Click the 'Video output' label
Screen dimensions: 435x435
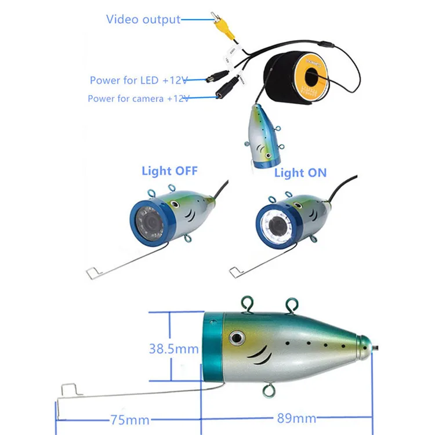143,19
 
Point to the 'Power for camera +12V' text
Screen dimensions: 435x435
139,99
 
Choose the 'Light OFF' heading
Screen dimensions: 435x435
169,171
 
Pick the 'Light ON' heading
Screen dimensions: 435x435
300,172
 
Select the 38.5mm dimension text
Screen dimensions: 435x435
174,349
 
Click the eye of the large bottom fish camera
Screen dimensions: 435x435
237,337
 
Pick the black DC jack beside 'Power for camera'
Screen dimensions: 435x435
224,91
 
